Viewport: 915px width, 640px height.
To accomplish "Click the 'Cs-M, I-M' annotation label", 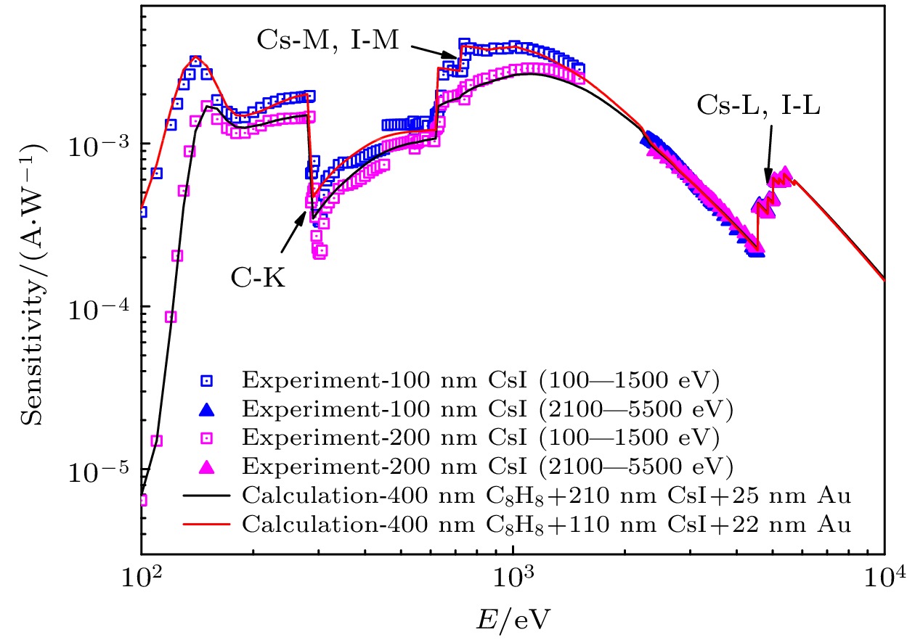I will click(328, 40).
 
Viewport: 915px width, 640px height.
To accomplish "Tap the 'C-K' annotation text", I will click(259, 277).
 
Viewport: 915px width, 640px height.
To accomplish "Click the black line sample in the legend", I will click(208, 496).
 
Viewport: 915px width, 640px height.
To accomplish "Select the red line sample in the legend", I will click(208, 523).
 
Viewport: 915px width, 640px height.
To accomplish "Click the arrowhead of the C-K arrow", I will click(307, 210).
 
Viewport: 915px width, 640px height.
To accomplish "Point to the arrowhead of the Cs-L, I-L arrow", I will click(768, 183).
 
